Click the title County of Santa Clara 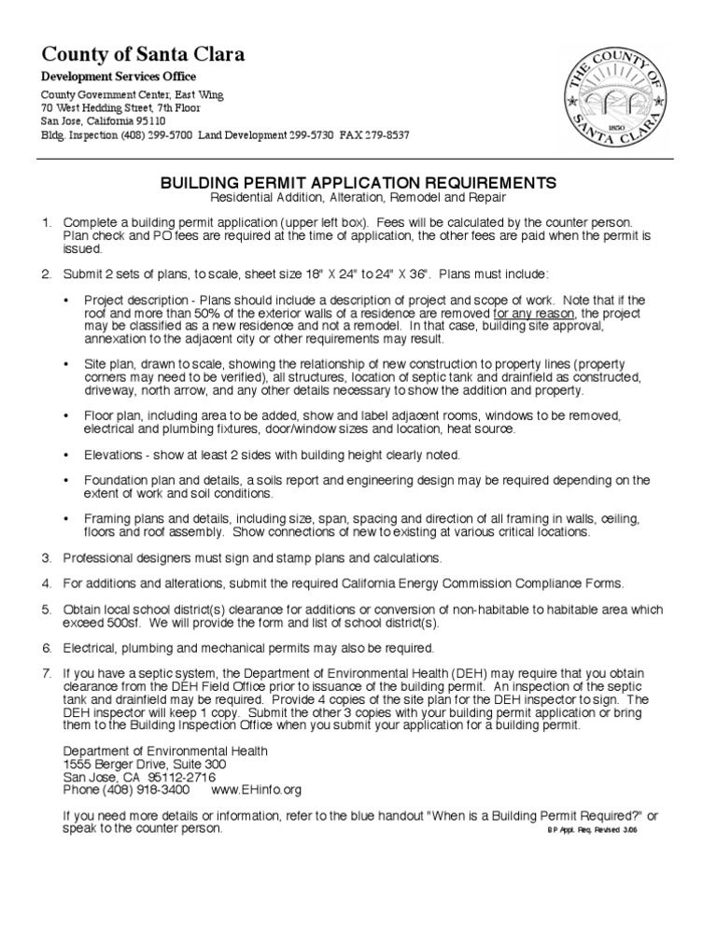[x=143, y=55]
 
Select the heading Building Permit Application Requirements [x=358, y=183]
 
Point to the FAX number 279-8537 [x=385, y=135]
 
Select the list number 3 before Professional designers [x=45, y=558]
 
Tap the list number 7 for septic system [x=45, y=672]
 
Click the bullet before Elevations [x=65, y=455]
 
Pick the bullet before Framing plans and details [x=65, y=518]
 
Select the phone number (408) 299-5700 [x=157, y=135]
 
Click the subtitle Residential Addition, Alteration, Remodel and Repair [x=358, y=199]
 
